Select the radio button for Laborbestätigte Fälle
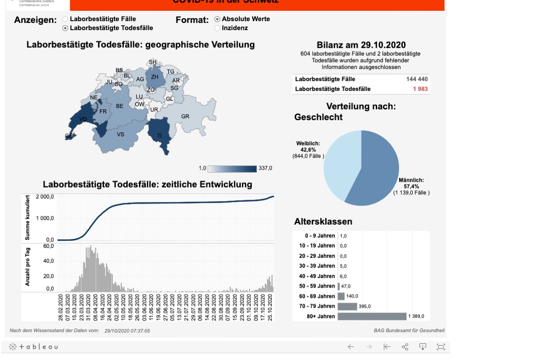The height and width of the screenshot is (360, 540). tap(65, 19)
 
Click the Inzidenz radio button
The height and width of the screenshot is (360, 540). tap(217, 28)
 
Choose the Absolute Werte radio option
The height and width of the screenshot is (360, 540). tap(217, 19)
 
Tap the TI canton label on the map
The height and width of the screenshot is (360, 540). tap(159, 135)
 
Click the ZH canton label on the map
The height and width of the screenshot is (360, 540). tap(154, 77)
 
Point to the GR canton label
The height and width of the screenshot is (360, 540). tap(185, 116)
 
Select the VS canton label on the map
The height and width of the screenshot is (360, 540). tap(121, 134)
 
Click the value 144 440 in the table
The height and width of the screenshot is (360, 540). tap(417, 79)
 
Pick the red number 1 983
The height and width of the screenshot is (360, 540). tap(420, 89)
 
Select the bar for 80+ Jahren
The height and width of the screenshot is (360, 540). tap(372, 316)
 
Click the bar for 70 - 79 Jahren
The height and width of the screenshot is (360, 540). tap(347, 306)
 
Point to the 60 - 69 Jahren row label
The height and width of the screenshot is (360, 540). tap(317, 296)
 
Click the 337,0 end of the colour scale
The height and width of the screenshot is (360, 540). tap(265, 168)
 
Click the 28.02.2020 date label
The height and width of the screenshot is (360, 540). tap(61, 307)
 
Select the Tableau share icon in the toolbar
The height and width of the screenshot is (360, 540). tap(405, 347)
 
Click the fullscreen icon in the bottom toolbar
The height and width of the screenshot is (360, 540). tap(441, 347)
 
